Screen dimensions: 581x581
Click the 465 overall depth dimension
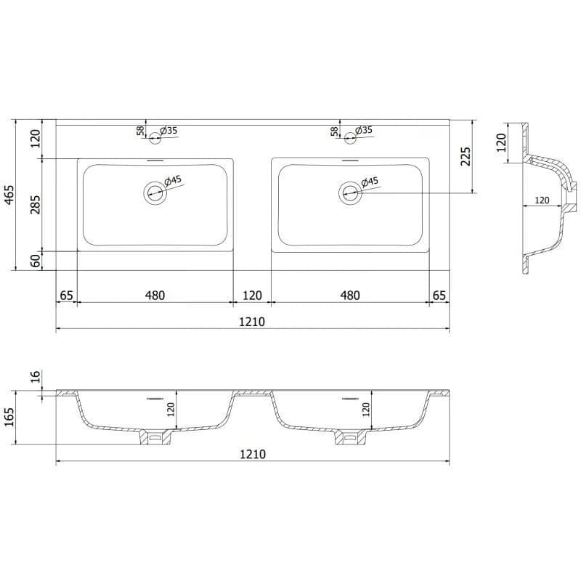[9, 194]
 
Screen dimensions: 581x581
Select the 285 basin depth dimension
[36, 205]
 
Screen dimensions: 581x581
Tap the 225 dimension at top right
[466, 156]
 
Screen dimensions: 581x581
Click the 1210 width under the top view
[252, 322]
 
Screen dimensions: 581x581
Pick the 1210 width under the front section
[253, 454]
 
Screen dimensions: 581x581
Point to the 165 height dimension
[9, 417]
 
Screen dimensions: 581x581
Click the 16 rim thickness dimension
[36, 376]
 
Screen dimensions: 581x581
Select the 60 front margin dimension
[36, 261]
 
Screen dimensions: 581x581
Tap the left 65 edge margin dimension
[66, 296]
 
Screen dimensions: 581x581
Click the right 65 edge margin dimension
[439, 296]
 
